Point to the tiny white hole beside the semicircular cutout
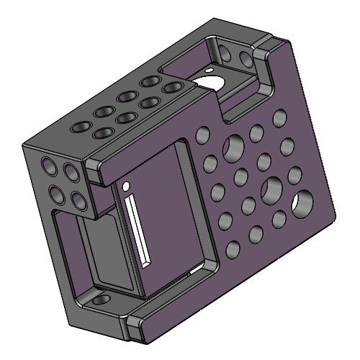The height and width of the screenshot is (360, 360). [x=207, y=71]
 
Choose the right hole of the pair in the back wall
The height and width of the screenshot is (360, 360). [x=246, y=57]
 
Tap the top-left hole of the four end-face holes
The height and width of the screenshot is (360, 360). [x=49, y=167]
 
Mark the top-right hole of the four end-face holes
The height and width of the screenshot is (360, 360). [x=71, y=173]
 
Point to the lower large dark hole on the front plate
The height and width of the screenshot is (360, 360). [x=272, y=189]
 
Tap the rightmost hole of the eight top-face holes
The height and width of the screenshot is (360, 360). [x=171, y=88]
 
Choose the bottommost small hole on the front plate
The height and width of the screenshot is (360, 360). [x=233, y=250]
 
